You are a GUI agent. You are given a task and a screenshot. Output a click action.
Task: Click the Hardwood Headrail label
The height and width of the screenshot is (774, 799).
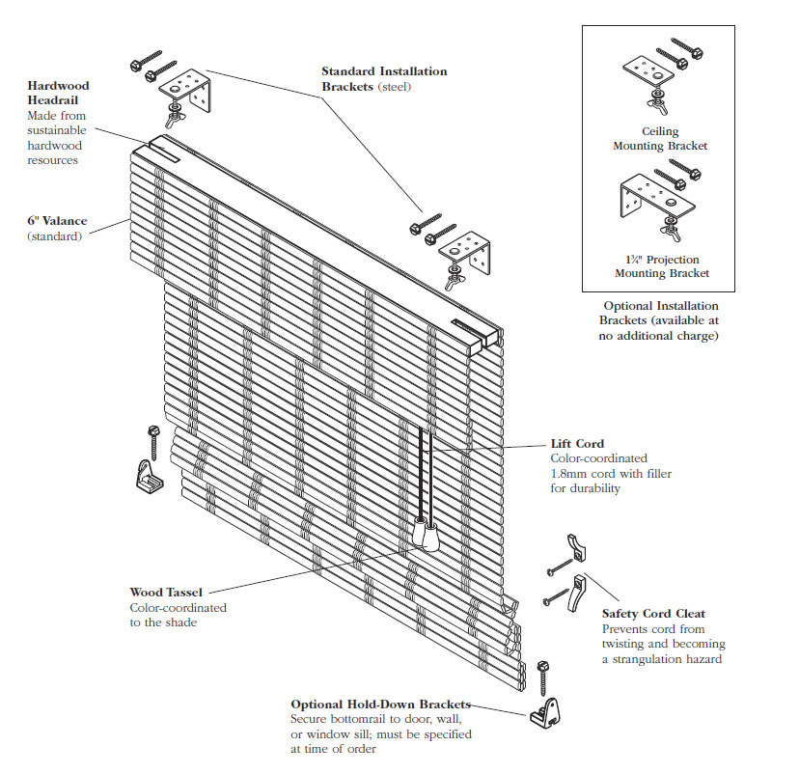coord(58,93)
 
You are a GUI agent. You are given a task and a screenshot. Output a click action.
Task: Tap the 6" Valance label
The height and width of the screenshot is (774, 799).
coord(57,221)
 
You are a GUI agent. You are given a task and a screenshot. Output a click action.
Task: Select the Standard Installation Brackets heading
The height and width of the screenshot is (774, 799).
coord(383,78)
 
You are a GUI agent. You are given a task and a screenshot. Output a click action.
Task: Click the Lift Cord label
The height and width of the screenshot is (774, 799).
coord(577,444)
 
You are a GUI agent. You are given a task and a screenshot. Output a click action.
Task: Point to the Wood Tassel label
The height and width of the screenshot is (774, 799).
coord(166,593)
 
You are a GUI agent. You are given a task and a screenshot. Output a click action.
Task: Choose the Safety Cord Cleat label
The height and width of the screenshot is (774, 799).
coord(652,614)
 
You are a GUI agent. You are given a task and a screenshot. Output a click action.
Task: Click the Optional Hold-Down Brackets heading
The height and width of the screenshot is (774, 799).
coord(380,705)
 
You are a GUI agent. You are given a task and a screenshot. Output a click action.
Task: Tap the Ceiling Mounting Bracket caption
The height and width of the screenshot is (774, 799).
coord(660,138)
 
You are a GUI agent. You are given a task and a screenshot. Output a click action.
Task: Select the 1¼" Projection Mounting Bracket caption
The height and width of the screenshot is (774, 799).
coord(661,266)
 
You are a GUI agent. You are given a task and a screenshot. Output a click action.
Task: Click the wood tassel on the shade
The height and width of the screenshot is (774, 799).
coord(427,534)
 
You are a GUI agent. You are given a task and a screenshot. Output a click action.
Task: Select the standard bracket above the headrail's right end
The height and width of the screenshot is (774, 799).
coord(458,253)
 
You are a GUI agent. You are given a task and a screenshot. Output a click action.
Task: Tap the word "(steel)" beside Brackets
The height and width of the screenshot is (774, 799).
coord(394,87)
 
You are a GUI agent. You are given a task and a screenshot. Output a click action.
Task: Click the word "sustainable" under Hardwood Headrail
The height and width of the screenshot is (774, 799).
coord(57,130)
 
